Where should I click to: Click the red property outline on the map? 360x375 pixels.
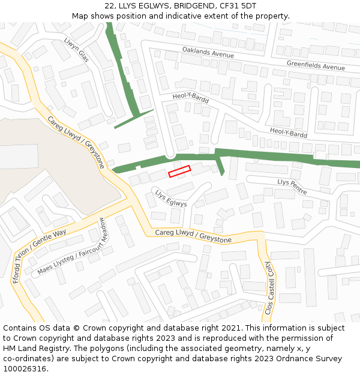click(x=179, y=171)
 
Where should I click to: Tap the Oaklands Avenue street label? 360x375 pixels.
click(x=208, y=53)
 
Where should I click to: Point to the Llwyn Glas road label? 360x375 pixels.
click(x=76, y=50)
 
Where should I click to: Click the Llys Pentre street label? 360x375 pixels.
click(x=292, y=186)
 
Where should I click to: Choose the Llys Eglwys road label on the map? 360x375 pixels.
click(x=171, y=199)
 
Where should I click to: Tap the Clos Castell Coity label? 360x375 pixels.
click(x=269, y=288)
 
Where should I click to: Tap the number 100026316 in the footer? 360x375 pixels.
click(x=25, y=369)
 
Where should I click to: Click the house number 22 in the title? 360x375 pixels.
click(x=109, y=5)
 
